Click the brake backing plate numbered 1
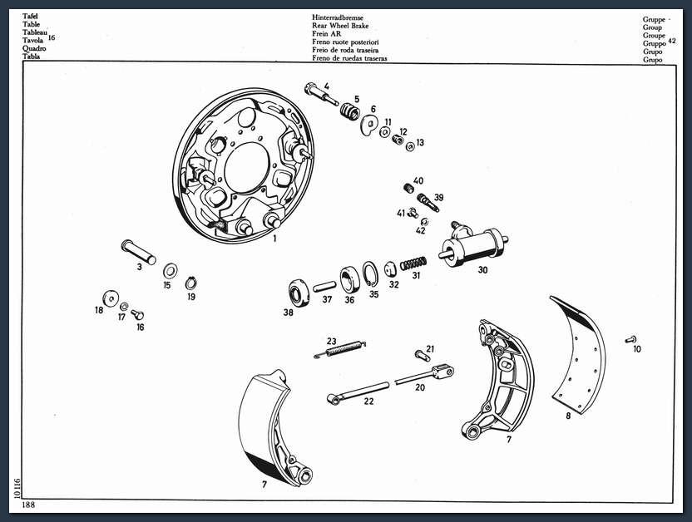point(244,166)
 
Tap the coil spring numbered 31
point(413,263)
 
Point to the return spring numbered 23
point(340,349)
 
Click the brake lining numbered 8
point(578,355)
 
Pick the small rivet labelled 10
point(630,339)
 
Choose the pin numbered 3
point(139,252)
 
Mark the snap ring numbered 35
point(370,273)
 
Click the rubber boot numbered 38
point(299,293)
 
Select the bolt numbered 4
point(321,94)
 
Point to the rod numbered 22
point(358,392)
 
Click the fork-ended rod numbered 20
point(424,374)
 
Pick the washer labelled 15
point(171,270)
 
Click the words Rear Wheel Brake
point(340,26)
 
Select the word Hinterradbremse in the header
point(338,17)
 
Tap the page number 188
point(28,505)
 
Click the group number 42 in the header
point(672,41)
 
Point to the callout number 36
point(349,300)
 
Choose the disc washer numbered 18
point(111,298)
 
